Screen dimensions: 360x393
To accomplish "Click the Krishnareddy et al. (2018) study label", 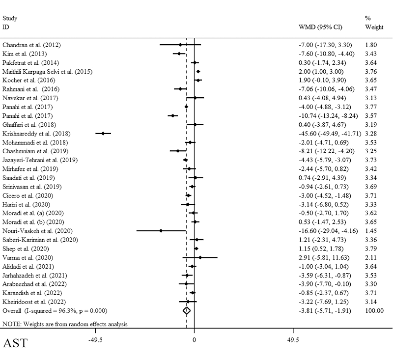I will tap(37, 134).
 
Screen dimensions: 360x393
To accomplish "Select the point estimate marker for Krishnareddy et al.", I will tap(103, 134).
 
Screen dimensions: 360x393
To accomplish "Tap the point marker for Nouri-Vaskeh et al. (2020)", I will tap(161, 231).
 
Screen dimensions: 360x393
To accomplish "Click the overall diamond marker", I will tap(187, 310).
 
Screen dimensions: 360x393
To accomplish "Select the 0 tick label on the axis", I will tap(194, 340).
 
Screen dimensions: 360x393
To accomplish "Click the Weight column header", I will tap(374, 28).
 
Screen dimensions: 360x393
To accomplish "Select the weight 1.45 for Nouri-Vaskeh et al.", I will tap(371, 231).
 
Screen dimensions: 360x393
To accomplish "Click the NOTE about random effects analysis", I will tap(65, 324).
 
